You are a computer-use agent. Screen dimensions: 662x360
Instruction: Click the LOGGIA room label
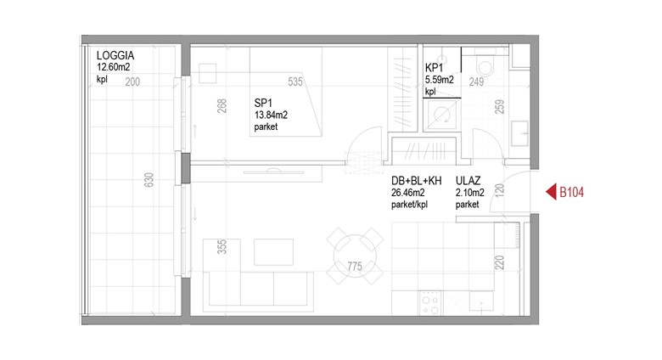(115, 55)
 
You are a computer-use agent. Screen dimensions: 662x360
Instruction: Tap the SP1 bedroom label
(263, 103)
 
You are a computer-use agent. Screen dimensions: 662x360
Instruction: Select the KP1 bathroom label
(434, 68)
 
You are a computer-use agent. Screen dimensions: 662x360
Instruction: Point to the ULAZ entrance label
(468, 181)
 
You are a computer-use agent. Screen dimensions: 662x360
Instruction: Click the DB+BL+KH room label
(416, 181)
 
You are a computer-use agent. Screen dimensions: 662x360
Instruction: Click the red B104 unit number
(572, 193)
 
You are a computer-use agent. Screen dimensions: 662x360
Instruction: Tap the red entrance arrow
(552, 192)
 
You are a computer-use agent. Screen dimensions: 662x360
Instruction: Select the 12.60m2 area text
(114, 67)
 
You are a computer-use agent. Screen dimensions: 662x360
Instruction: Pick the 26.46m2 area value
(408, 193)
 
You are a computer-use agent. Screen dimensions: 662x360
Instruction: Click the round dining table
(355, 256)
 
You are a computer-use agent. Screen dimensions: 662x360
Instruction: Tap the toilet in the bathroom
(485, 65)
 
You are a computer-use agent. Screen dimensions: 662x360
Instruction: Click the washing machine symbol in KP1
(441, 114)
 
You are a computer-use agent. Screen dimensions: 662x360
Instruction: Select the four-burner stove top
(430, 304)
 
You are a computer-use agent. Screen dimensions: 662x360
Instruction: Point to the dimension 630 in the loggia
(149, 180)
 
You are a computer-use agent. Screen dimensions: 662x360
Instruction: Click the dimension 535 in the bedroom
(295, 82)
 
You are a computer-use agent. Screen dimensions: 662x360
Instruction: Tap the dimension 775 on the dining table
(355, 267)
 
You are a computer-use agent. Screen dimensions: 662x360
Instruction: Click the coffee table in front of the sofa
(273, 252)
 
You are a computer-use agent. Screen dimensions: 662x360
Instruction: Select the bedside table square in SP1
(208, 73)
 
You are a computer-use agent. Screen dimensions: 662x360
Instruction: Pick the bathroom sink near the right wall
(519, 133)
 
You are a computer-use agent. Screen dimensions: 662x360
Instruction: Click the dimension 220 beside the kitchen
(499, 262)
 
